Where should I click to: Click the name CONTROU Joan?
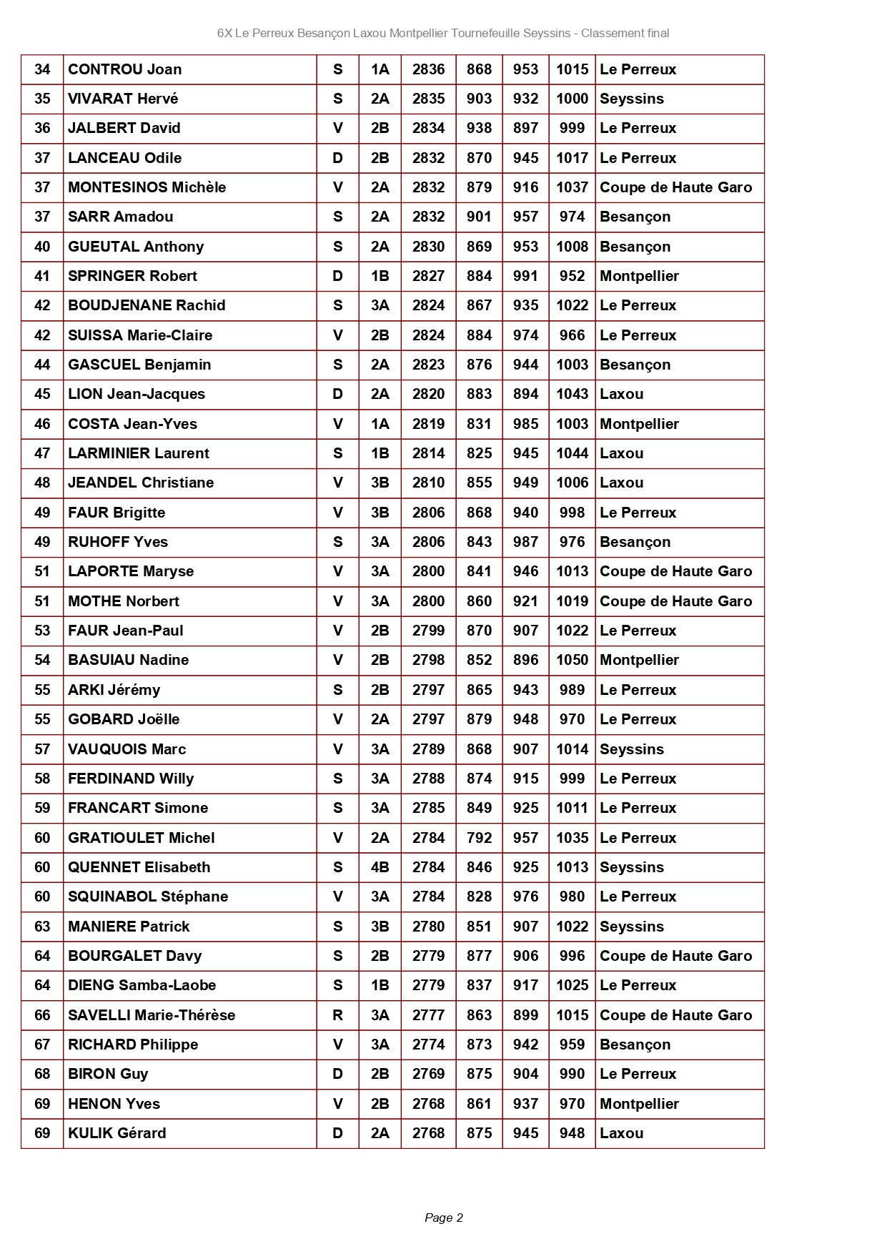[125, 69]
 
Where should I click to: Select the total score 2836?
[428, 69]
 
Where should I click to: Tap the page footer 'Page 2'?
[444, 1218]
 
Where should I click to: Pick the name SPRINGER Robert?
[132, 276]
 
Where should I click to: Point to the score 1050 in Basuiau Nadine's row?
[572, 660]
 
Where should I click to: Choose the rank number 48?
[42, 483]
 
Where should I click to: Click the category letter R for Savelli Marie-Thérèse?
[337, 1015]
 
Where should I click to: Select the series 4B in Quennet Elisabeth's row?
[380, 867]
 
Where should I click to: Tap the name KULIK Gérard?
[117, 1133]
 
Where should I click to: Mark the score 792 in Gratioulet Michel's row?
[479, 838]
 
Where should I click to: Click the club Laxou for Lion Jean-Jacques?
[622, 394]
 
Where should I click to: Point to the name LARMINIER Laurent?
[139, 453]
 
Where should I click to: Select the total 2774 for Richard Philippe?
[428, 1045]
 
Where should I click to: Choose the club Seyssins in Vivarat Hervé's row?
[632, 99]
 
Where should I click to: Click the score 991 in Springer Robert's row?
[525, 276]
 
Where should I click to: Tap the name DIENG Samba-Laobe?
[142, 985]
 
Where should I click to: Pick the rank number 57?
[42, 749]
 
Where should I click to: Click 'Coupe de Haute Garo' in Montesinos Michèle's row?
[675, 187]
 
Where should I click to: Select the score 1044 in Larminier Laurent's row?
[572, 453]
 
